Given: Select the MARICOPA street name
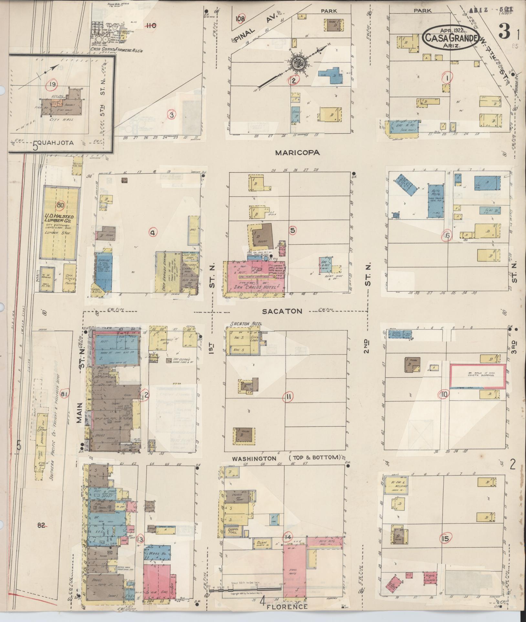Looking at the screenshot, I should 297,153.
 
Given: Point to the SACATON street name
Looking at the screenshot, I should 282,311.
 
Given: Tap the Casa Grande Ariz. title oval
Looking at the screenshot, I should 451,37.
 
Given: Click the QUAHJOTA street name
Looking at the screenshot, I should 58,143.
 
